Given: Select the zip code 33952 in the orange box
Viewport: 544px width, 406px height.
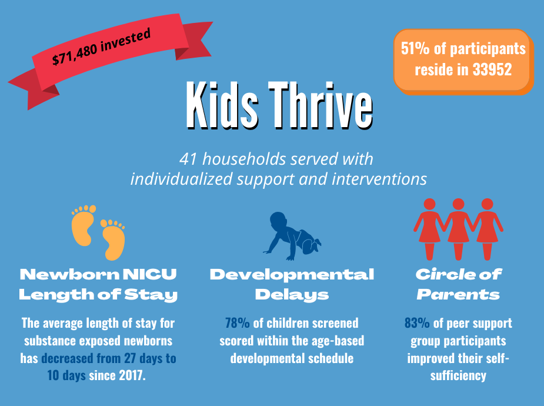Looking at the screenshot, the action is tap(492, 69).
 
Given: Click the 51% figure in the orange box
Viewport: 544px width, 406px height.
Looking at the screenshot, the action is tap(415, 48).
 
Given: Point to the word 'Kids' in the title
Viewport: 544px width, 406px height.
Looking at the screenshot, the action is tap(222, 105).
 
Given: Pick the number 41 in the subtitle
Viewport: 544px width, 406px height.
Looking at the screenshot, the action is tap(189, 159).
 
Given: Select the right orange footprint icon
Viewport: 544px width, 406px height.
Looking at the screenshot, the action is tap(113, 239).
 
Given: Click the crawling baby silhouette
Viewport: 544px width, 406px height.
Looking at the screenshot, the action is tap(292, 236).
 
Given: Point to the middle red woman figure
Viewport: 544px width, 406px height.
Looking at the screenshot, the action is tap(458, 229).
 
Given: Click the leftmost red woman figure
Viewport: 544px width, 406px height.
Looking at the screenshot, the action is tap(429, 229).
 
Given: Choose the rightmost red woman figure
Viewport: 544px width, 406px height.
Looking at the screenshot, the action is tap(488, 229).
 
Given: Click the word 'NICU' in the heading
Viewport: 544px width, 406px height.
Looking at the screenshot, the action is tap(150, 274).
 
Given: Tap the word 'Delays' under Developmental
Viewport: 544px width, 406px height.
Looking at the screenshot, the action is tap(292, 295).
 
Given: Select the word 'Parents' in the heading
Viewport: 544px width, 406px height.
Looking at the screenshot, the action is tap(458, 295).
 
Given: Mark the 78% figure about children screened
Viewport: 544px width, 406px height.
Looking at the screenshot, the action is tap(238, 323).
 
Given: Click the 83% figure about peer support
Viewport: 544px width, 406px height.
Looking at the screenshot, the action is tap(417, 323).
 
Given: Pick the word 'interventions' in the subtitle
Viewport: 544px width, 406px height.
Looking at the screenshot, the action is tap(379, 179).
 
